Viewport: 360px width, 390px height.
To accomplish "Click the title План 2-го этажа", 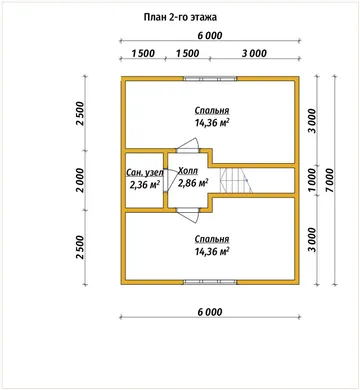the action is click(x=180, y=17).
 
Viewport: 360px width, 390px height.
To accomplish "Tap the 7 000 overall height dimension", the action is click(x=329, y=180).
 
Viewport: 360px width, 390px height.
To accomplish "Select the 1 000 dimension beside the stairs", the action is click(x=312, y=180).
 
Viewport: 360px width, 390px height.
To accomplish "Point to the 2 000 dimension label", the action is click(x=80, y=180).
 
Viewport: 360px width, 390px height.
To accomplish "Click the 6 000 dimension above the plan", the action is click(x=210, y=35).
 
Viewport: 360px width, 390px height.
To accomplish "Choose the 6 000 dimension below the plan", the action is click(x=210, y=312).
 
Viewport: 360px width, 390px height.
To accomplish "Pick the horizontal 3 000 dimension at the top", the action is click(x=254, y=53).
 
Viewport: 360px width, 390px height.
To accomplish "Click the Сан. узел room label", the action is click(x=145, y=172).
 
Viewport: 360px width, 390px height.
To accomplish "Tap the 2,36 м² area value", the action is click(x=145, y=184).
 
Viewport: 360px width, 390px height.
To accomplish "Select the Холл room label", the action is click(x=188, y=171).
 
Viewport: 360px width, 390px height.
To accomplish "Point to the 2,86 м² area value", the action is click(x=193, y=183).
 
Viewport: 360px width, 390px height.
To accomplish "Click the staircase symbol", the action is click(x=236, y=180).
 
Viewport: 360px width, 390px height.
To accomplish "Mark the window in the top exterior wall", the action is click(x=210, y=79).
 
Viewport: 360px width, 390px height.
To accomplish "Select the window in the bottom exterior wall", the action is click(x=210, y=282).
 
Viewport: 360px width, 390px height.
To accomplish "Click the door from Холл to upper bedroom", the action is click(x=188, y=145).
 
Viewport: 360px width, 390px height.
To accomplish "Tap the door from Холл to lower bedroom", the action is click(x=188, y=215).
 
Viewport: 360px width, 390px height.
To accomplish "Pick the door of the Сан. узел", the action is click(x=170, y=180).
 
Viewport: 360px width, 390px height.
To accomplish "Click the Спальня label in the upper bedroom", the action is click(x=212, y=110).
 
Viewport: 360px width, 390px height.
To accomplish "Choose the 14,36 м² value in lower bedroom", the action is click(x=212, y=251).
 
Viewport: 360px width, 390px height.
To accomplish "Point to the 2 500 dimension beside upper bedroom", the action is click(x=80, y=113).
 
